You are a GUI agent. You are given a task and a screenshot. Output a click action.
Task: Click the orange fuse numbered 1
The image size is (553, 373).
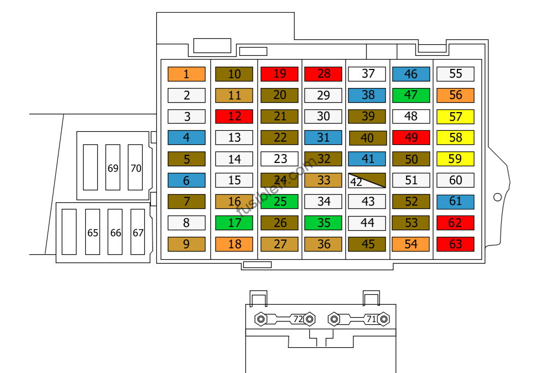point(186,74)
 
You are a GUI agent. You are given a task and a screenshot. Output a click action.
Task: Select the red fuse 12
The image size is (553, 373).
point(234,116)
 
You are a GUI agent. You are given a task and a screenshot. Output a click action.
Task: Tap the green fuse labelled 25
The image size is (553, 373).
point(279,201)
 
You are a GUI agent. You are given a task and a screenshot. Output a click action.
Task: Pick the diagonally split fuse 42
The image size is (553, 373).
point(367,180)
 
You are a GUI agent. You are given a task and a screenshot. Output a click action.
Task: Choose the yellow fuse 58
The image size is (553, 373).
point(455,138)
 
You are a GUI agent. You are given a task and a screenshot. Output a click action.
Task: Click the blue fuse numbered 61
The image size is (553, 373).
point(455,202)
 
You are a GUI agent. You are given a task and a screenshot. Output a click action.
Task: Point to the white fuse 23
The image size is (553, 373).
point(279,159)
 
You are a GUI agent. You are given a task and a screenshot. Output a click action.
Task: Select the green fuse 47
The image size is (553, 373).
point(411,95)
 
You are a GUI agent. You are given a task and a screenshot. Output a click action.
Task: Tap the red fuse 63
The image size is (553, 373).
point(455,244)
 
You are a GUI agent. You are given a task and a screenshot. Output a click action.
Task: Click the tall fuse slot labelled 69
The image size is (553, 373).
point(113,167)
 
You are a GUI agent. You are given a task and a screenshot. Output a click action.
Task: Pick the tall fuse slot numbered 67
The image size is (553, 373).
point(138,232)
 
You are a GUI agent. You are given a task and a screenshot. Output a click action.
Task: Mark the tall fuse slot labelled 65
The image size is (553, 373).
point(92,232)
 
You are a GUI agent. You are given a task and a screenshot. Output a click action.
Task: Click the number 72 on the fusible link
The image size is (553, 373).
point(298,319)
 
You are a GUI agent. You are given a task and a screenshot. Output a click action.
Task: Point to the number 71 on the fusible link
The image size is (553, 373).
point(372,319)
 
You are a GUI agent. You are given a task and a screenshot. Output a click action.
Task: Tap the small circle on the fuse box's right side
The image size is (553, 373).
point(497,197)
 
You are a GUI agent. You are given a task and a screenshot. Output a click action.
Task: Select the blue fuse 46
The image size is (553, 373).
point(411,74)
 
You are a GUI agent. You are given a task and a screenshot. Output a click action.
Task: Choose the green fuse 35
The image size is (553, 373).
point(323,223)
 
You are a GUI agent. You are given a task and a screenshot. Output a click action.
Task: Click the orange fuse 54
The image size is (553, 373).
point(411,244)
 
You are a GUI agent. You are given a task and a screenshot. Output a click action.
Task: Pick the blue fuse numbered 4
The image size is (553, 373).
point(186,138)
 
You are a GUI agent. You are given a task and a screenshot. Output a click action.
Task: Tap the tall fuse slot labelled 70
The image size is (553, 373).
point(136,167)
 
